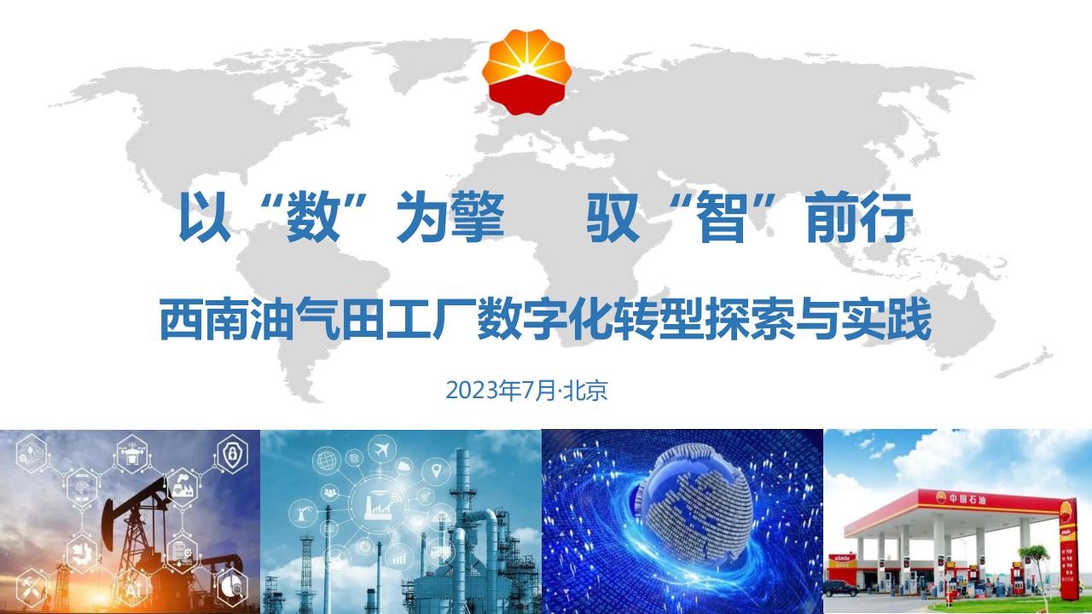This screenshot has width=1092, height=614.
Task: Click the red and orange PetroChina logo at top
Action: (x=527, y=72)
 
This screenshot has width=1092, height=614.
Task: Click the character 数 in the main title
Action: (x=313, y=217)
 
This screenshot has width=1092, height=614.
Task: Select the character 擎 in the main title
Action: (x=477, y=217)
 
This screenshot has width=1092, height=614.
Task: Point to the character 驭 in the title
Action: (x=613, y=217)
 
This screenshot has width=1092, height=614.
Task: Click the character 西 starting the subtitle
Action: (x=182, y=320)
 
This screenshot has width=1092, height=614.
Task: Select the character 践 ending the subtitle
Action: (x=909, y=320)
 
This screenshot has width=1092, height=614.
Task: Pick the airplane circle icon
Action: (x=382, y=449)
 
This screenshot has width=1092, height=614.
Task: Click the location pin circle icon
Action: (x=437, y=472)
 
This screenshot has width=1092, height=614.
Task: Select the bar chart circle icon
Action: (x=399, y=557)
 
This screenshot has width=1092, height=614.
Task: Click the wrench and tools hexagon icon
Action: (x=32, y=590)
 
